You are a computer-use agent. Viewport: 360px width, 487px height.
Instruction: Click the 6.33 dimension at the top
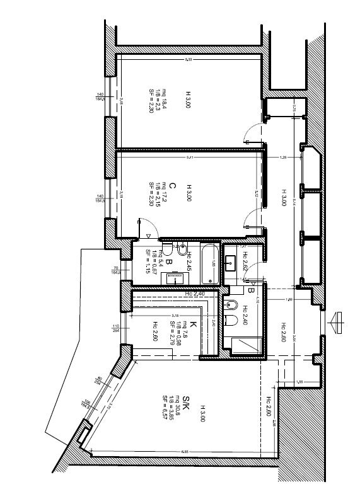pos(188,59)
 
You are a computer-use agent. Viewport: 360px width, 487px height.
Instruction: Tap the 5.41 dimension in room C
pos(188,158)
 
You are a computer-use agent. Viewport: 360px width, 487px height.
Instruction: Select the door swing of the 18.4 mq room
pos(251,134)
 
